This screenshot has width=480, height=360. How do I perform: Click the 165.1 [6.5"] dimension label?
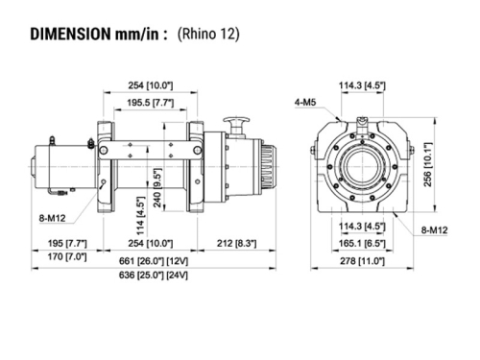tap(362, 243)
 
